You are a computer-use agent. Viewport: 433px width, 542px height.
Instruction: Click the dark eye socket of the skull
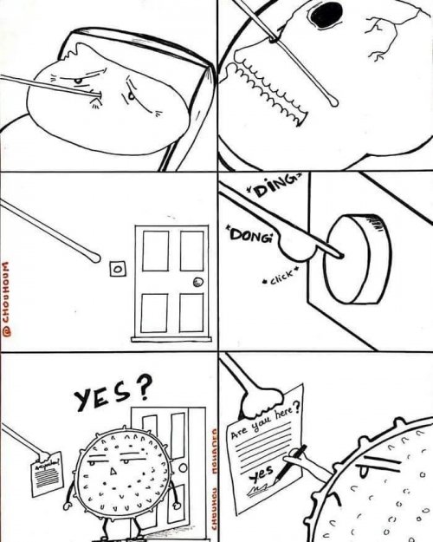tap(327, 15)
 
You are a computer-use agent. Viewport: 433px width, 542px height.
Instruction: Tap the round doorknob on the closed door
tap(198, 281)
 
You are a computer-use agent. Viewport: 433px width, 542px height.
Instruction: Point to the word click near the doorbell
tap(283, 280)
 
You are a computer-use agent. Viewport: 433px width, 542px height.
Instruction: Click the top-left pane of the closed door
tap(155, 252)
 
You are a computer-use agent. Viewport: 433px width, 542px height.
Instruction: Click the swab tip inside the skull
tap(333, 105)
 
